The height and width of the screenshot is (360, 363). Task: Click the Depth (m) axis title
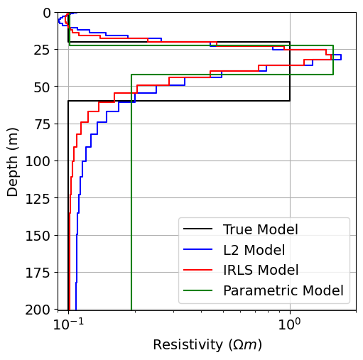(x=13, y=161)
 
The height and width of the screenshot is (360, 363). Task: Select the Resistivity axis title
(x=207, y=345)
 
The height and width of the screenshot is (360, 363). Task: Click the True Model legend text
(x=260, y=229)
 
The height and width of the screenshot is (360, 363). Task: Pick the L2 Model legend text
(x=254, y=250)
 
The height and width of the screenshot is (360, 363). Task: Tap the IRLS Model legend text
(x=260, y=270)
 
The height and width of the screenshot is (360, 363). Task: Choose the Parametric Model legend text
(x=283, y=290)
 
